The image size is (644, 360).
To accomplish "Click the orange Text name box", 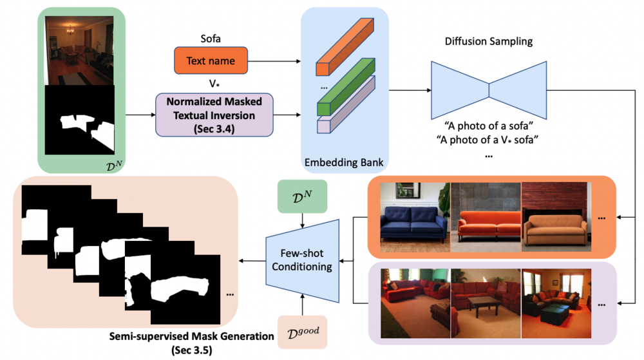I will [211, 61].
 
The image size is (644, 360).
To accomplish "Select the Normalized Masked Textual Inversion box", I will [214, 115].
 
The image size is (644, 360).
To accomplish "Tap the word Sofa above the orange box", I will [210, 39].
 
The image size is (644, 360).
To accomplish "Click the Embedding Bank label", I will [345, 162].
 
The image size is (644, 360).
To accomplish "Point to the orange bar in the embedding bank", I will [345, 48].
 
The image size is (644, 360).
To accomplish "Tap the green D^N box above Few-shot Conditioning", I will [301, 197].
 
